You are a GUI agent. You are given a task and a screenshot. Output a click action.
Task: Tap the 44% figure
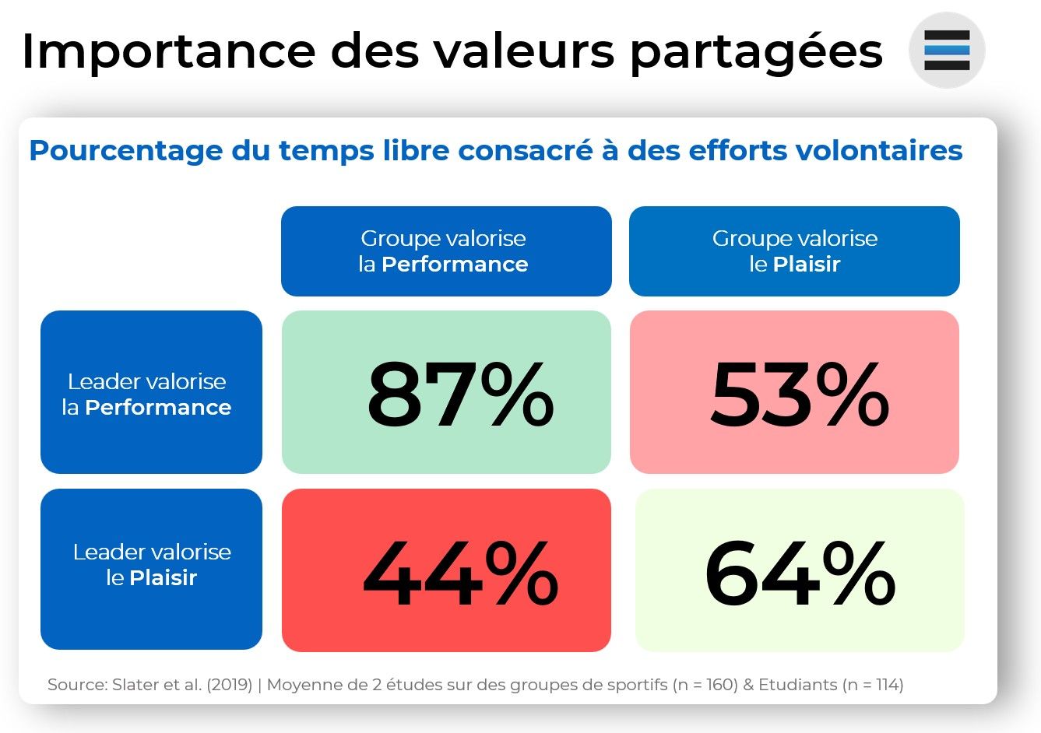[459, 575]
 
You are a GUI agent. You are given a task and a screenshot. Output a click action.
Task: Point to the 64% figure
[800, 575]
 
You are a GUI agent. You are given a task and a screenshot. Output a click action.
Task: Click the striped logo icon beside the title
[947, 51]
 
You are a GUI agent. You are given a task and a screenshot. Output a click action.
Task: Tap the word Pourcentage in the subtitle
[125, 150]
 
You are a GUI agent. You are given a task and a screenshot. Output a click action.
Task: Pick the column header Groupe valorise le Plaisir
[794, 251]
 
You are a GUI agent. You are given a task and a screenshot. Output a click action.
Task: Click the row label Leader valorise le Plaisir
[152, 564]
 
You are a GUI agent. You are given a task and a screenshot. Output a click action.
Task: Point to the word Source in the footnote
[76, 685]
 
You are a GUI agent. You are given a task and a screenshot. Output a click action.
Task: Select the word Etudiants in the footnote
[797, 685]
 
